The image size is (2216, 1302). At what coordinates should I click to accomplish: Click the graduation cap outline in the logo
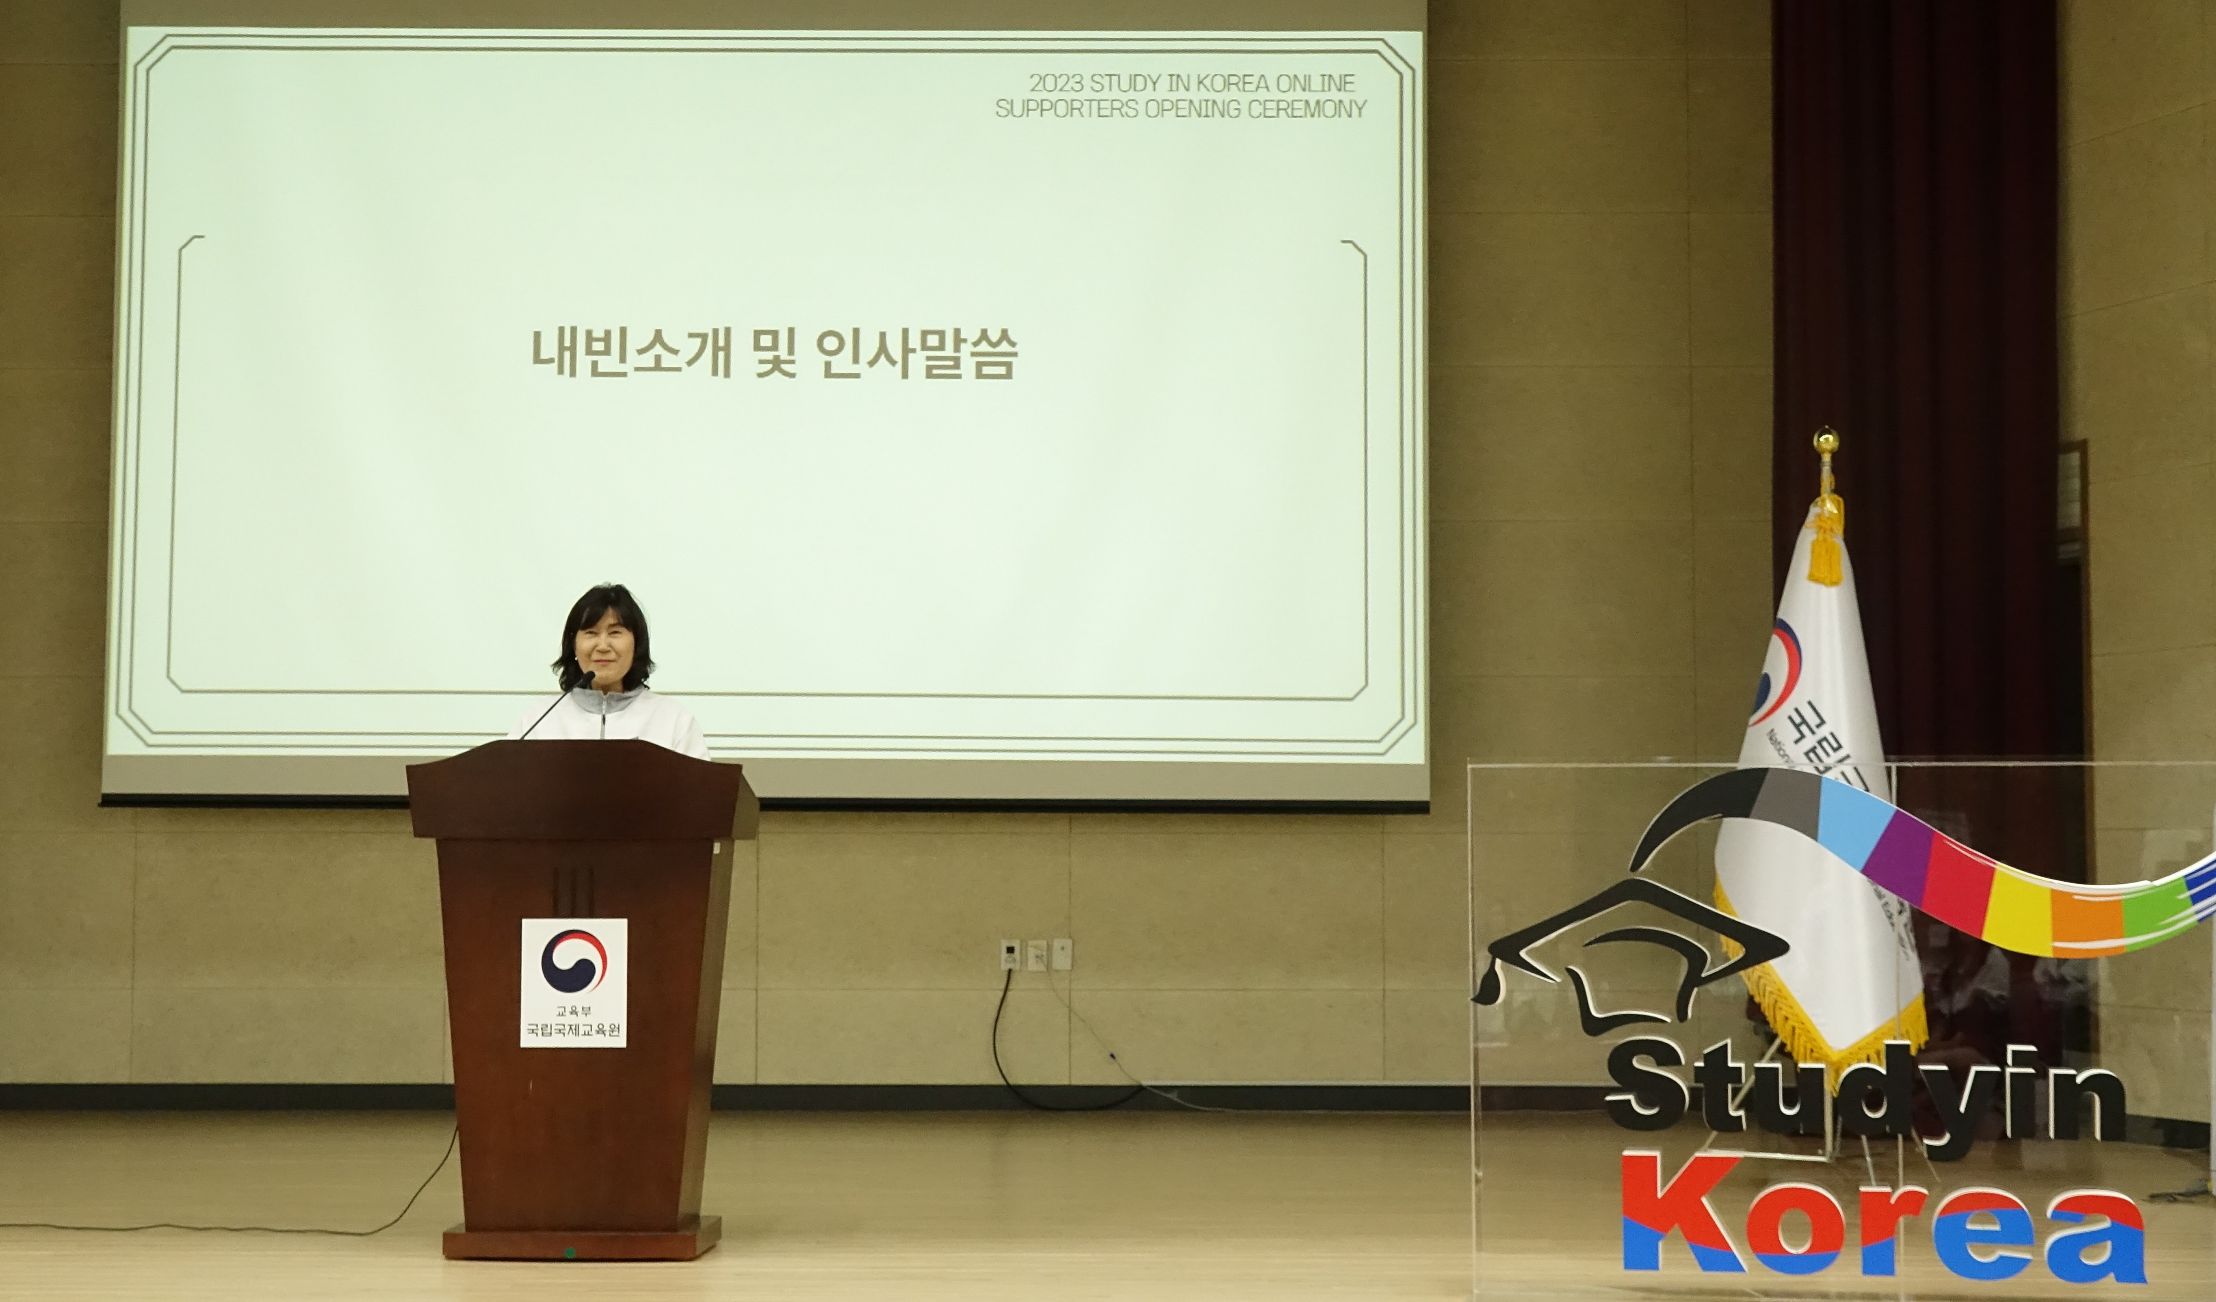pyautogui.click(x=1627, y=949)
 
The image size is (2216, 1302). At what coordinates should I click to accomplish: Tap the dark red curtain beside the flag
pyautogui.click(x=1917, y=264)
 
